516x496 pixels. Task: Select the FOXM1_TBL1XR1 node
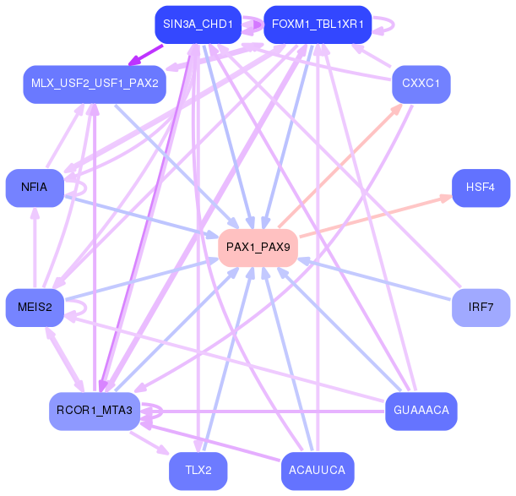pos(318,25)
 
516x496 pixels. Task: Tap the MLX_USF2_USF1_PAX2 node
pos(94,84)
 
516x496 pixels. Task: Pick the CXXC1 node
pos(421,84)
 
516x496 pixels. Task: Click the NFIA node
pos(34,188)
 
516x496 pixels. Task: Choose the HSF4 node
pos(481,188)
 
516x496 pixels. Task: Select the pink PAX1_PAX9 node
pos(258,248)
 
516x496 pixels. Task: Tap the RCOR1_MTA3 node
pos(94,411)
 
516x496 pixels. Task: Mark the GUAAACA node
pos(421,411)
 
